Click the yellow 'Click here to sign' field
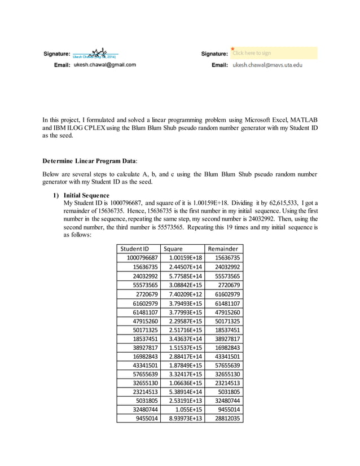coord(274,53)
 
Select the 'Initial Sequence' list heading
coord(87,195)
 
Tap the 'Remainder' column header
coord(223,249)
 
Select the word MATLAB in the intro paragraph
coord(304,120)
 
